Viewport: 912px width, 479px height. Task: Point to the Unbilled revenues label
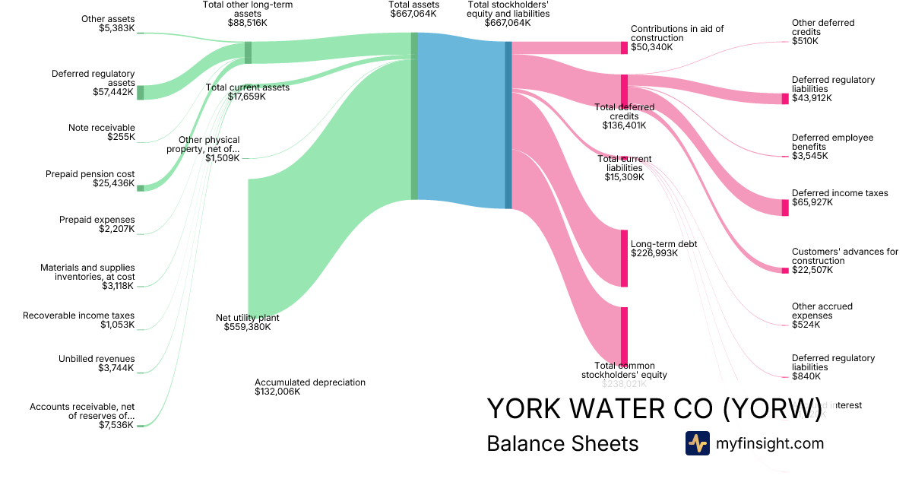point(97,363)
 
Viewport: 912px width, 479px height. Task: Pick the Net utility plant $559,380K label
point(247,322)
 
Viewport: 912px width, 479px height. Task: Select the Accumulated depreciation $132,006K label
point(310,387)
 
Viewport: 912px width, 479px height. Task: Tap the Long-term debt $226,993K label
point(663,249)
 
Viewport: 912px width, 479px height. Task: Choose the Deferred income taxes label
point(840,198)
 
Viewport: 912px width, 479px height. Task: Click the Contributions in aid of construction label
point(677,38)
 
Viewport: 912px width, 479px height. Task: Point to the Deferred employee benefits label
point(832,147)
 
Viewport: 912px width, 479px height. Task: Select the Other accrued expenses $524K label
point(822,316)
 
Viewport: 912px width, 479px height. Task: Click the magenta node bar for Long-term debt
point(624,259)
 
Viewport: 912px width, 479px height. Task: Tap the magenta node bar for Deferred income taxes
point(785,208)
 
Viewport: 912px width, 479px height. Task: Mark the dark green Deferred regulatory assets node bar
point(140,93)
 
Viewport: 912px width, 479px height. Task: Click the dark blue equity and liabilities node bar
point(508,125)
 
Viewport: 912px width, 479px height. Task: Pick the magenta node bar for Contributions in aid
point(624,47)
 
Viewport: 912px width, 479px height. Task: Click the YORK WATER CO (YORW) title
point(654,408)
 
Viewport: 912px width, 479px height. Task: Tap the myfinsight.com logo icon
point(697,443)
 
